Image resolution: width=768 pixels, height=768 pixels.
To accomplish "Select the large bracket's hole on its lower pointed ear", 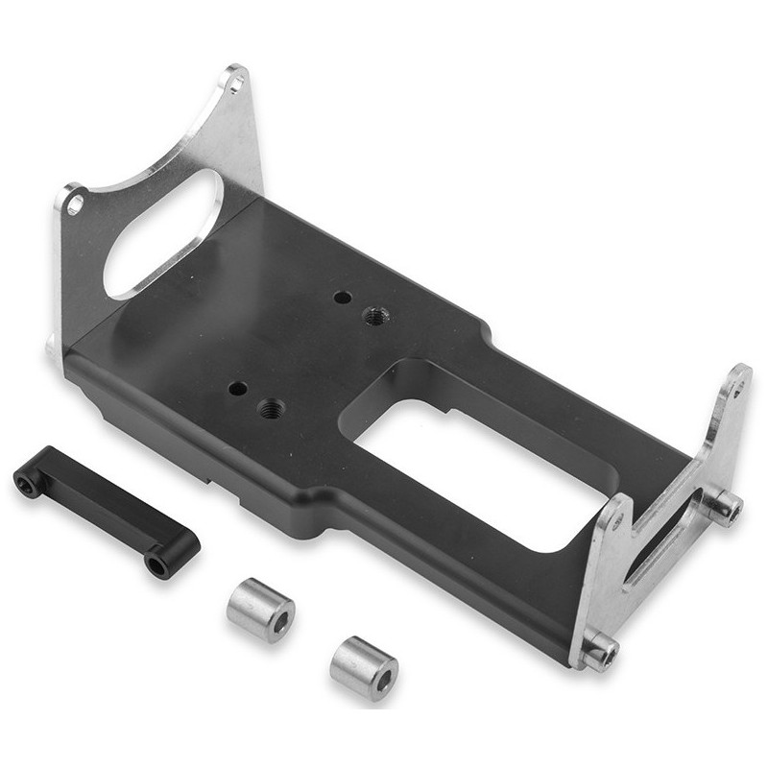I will click(x=74, y=204).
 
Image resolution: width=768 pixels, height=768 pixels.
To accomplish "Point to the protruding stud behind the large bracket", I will click(x=50, y=344).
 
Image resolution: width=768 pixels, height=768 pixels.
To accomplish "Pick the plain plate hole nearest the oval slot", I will click(x=342, y=298).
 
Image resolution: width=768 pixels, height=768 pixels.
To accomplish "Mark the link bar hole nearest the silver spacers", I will click(x=156, y=564).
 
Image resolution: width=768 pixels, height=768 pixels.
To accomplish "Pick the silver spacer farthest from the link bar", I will click(x=364, y=667).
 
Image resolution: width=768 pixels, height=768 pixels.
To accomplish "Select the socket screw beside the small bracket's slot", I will click(x=726, y=507).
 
